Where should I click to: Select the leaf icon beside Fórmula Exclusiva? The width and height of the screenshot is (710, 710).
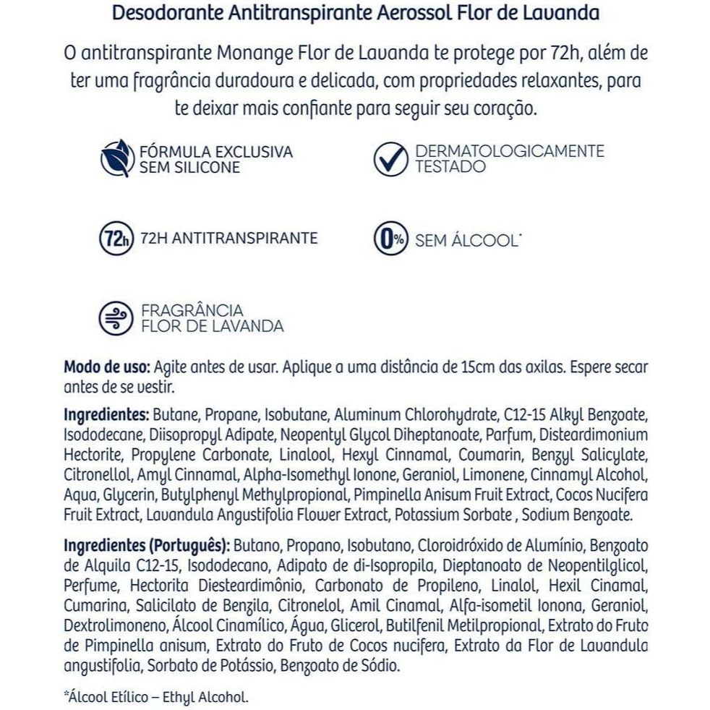(x=116, y=159)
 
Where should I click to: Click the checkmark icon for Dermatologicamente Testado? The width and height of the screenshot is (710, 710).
(x=390, y=159)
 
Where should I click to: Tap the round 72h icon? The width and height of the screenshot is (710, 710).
(x=116, y=238)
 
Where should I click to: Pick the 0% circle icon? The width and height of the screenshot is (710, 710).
(x=390, y=239)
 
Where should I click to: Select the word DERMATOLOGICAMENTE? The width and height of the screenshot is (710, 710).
(x=510, y=151)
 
